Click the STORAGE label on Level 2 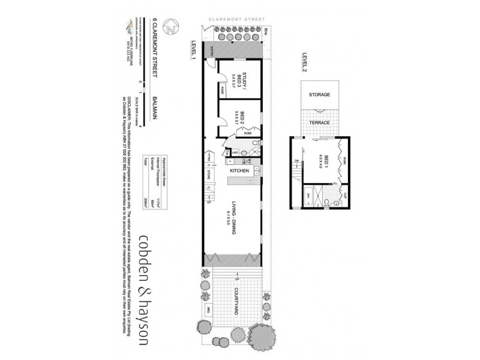(319, 95)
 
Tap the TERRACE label (319, 122)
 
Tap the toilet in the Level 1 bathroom (255, 144)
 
